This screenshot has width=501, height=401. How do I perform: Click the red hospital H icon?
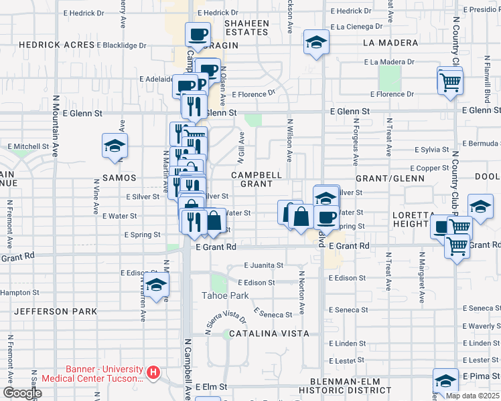pyautogui.click(x=154, y=372)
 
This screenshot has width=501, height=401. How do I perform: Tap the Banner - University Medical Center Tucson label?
pyautogui.click(x=104, y=374)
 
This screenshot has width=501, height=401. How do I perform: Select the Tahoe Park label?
pyautogui.click(x=226, y=295)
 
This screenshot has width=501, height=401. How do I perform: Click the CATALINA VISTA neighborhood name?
pyautogui.click(x=269, y=333)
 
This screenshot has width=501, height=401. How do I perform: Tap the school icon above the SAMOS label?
pyautogui.click(x=115, y=146)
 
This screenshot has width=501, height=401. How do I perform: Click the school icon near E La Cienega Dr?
pyautogui.click(x=315, y=42)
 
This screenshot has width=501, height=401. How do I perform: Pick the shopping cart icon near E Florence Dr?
pyautogui.click(x=450, y=82)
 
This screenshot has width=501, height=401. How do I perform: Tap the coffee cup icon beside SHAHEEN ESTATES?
pyautogui.click(x=198, y=33)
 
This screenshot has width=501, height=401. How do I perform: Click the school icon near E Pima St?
pyautogui.click(x=445, y=381)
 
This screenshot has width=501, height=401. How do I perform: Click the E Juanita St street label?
pyautogui.click(x=264, y=265)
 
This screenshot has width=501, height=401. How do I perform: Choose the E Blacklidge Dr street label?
pyautogui.click(x=121, y=45)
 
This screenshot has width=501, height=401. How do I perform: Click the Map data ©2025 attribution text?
pyautogui.click(x=473, y=396)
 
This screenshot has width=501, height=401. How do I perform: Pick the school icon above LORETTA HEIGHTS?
pyautogui.click(x=480, y=207)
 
